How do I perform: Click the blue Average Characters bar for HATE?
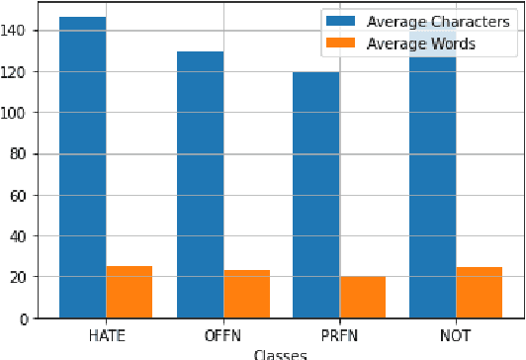pos(82,167)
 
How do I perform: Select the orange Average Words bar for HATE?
pos(129,292)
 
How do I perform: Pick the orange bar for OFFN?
pos(246,294)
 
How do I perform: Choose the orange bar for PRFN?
pos(362,297)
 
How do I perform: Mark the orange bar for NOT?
pos(479,293)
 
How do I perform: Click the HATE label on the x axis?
pos(106,335)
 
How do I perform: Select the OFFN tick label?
pos(222,335)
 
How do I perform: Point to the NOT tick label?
pos(455,335)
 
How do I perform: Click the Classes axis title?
pos(280,353)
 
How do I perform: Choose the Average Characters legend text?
pos(430,22)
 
